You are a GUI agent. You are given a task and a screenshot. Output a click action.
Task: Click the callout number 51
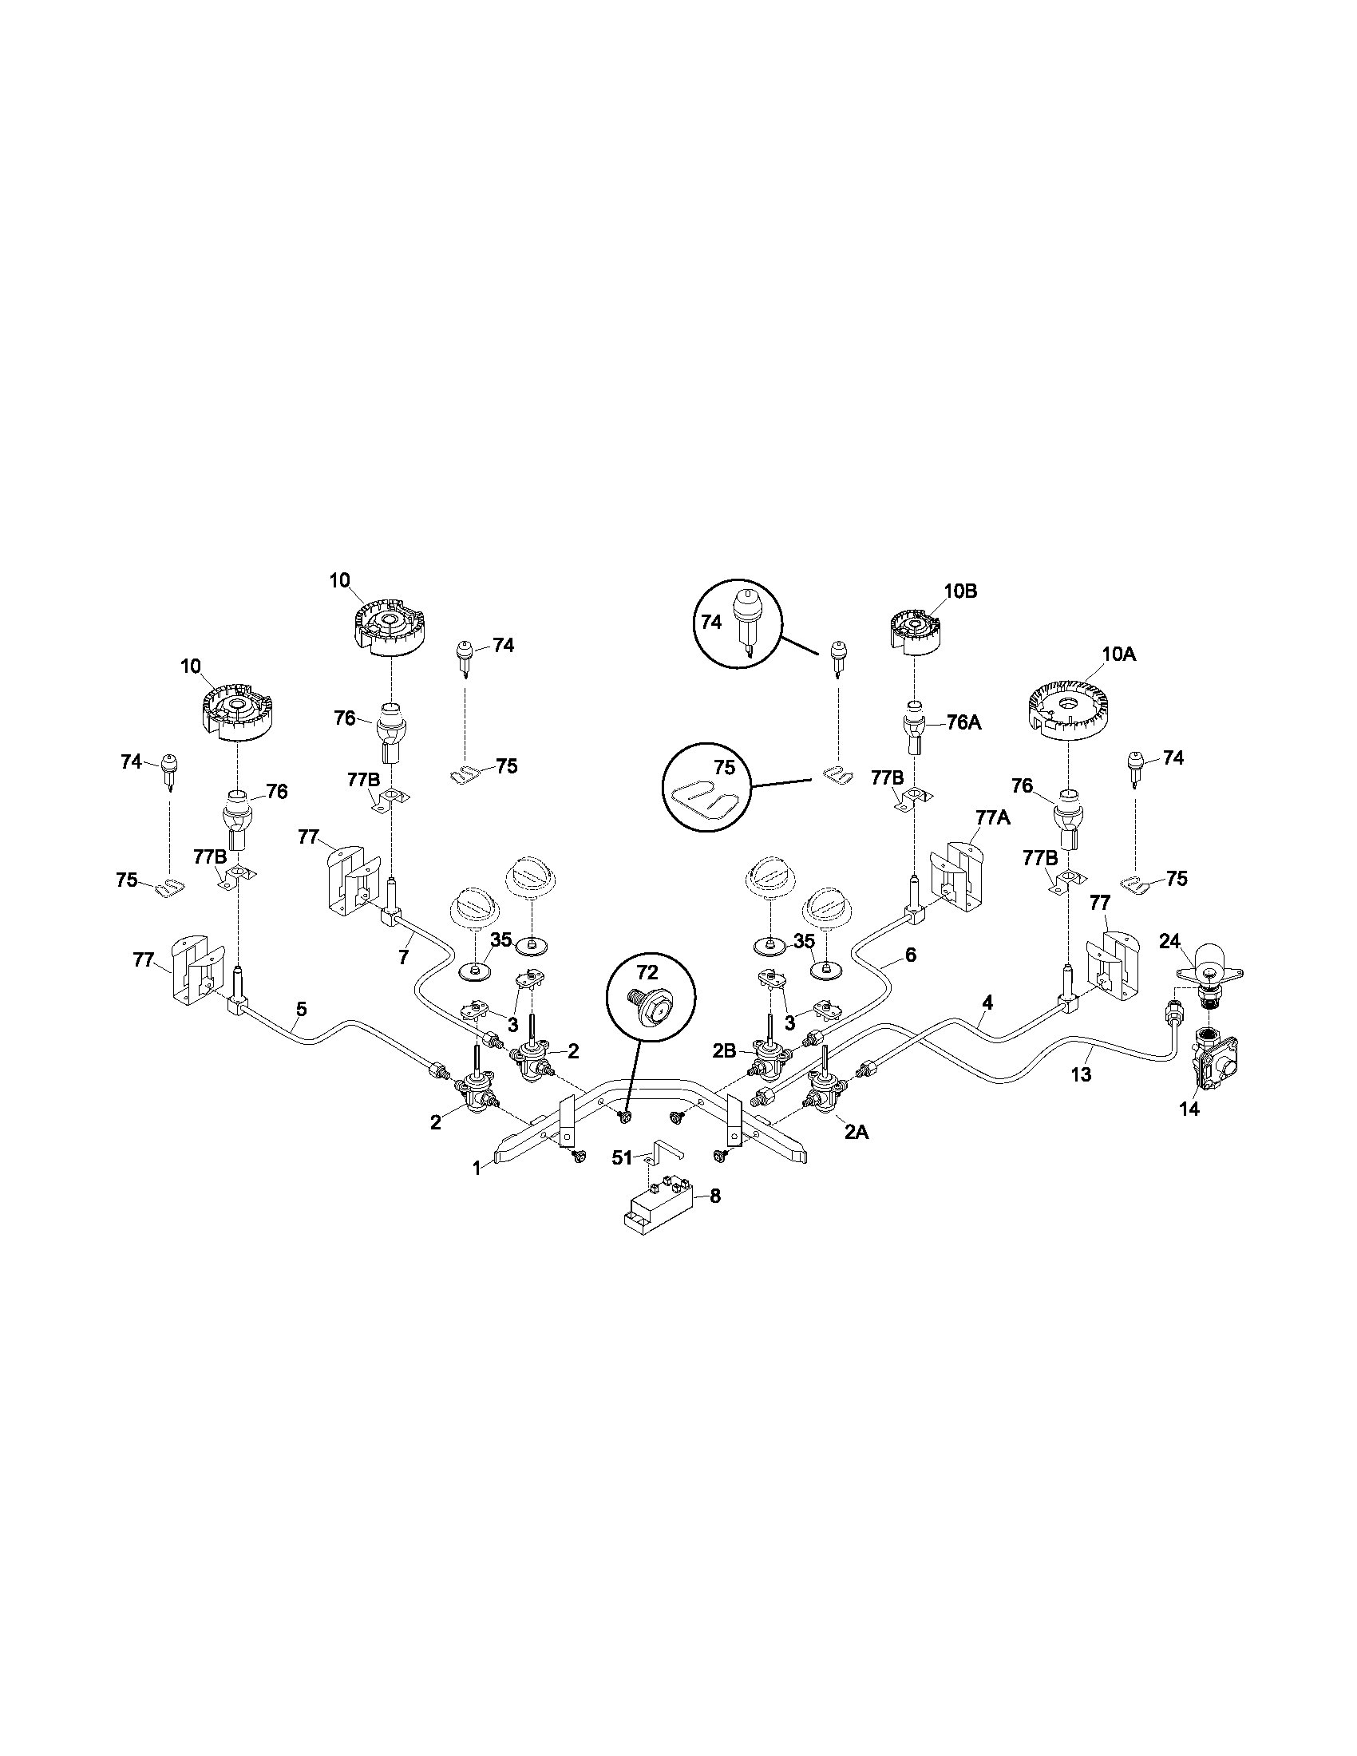click(623, 1157)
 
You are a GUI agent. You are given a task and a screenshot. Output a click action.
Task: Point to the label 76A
click(964, 722)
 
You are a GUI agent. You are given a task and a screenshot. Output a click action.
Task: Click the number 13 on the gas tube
click(1082, 1074)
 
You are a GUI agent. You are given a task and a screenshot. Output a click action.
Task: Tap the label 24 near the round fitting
click(1169, 940)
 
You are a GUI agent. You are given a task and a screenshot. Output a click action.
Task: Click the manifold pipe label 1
click(477, 1168)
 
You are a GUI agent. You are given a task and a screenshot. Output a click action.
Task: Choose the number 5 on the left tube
click(302, 1006)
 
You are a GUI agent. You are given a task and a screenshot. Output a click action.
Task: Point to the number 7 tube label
click(404, 956)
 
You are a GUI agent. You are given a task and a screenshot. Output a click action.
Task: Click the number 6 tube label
click(910, 955)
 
